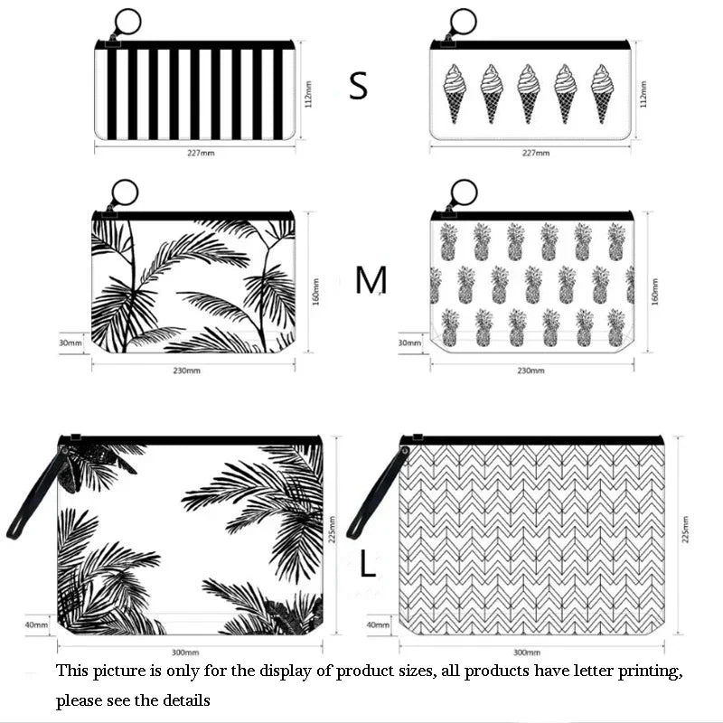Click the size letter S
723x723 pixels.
359,85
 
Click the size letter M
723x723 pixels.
371,281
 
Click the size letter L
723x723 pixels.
367,565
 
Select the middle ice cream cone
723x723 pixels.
529,92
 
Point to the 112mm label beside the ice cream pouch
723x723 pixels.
643,90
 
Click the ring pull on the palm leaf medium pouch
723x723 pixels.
125,192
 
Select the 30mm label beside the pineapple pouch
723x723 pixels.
409,343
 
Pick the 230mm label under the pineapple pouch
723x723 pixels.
531,370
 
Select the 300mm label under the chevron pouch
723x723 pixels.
526,652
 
